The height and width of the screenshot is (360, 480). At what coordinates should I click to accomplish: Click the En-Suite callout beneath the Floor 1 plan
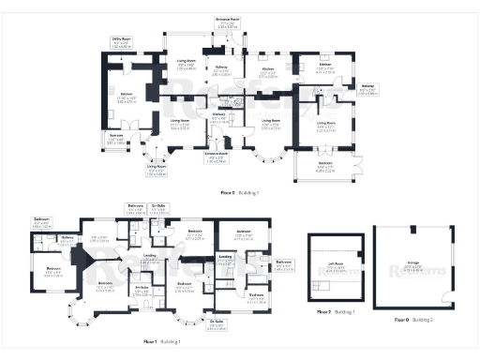point(217,327)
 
